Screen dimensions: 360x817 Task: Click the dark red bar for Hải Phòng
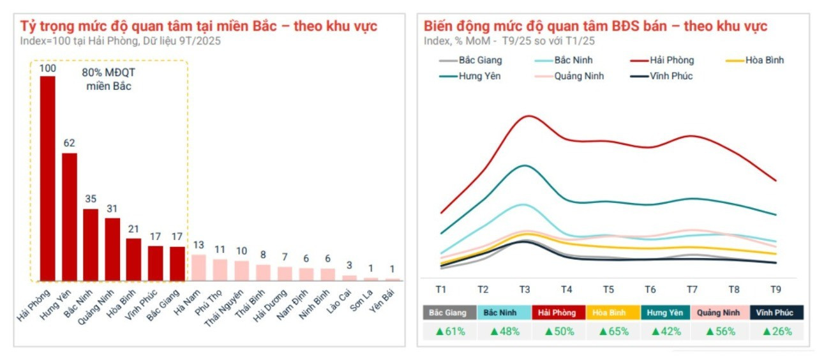(47, 179)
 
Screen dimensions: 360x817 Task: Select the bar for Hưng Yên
(69, 217)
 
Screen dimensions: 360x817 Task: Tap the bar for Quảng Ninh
(112, 249)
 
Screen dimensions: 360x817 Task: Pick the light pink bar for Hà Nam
(199, 267)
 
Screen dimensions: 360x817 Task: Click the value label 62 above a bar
(69, 143)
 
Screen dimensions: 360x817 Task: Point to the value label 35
(91, 199)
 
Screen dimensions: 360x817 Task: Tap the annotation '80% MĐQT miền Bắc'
(109, 79)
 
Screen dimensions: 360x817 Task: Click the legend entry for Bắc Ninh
(572, 61)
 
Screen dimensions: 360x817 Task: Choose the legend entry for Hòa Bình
(763, 61)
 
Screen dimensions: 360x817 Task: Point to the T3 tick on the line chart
(524, 289)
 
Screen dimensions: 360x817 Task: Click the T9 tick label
(775, 289)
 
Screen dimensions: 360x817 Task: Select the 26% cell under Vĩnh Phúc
(776, 331)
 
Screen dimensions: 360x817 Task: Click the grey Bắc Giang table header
(449, 313)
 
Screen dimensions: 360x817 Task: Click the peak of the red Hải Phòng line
(528, 116)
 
